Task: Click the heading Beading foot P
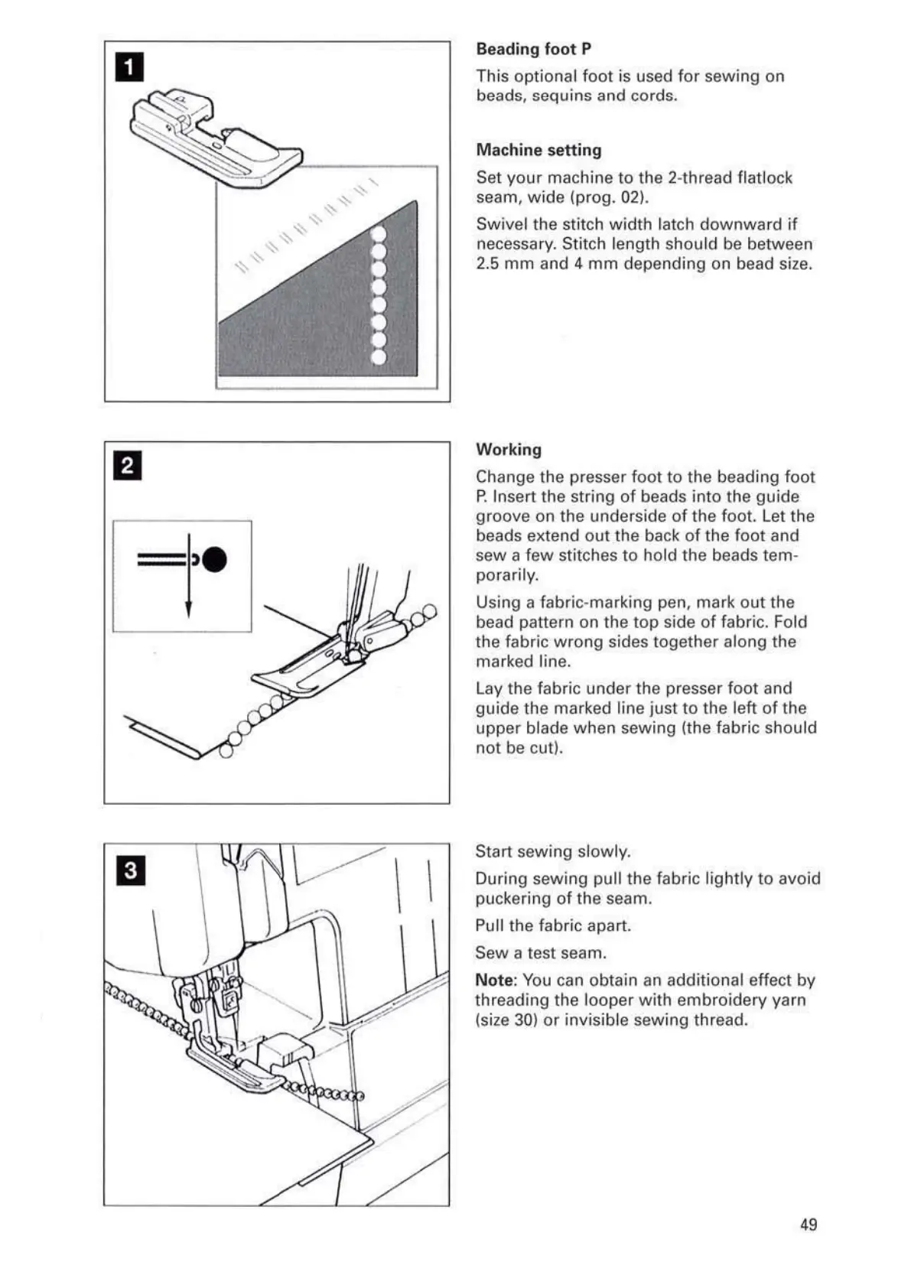(x=533, y=49)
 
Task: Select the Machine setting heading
(x=538, y=150)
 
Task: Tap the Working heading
(x=508, y=450)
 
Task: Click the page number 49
(x=809, y=1225)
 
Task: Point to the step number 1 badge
(x=129, y=67)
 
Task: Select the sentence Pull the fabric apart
(x=553, y=926)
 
